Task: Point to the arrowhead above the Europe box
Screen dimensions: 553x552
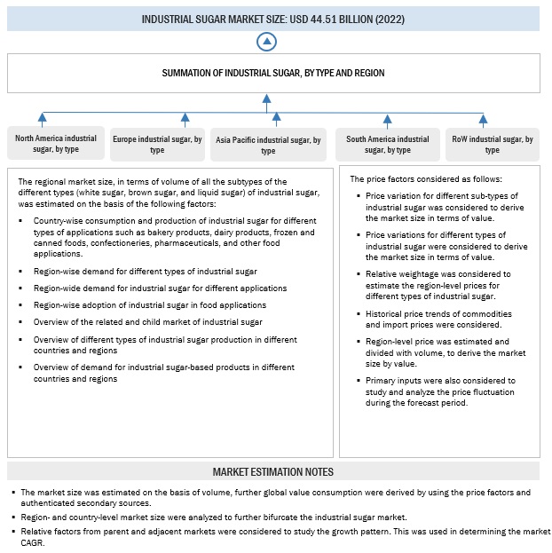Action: click(185, 118)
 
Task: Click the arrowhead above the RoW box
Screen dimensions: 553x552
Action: click(484, 118)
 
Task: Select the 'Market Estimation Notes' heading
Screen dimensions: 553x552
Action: click(273, 471)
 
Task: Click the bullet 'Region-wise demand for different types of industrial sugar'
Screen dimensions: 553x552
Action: click(145, 271)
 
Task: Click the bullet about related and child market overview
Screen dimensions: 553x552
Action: click(147, 322)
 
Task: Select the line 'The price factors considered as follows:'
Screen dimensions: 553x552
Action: click(426, 178)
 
